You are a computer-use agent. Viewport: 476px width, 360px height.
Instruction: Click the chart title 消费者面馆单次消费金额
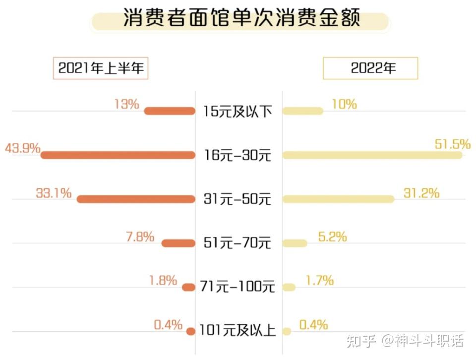[x=241, y=19]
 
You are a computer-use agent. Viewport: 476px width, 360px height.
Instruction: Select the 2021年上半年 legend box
[x=101, y=68]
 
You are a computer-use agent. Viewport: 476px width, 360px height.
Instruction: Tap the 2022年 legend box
[x=370, y=68]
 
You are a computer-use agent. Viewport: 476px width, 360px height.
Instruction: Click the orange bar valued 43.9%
[x=118, y=155]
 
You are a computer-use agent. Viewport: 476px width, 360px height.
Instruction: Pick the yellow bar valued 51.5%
[x=372, y=155]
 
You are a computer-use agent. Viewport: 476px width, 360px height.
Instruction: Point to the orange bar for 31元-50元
[x=136, y=199]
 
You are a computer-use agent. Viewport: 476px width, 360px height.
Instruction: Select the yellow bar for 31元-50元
[x=339, y=199]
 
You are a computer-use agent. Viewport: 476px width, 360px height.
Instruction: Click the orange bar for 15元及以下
[x=170, y=111]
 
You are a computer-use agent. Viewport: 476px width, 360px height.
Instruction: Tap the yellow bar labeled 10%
[x=302, y=111]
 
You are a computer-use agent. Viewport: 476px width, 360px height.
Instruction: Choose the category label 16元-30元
[x=238, y=155]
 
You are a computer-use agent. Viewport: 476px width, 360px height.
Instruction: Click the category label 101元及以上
[x=238, y=331]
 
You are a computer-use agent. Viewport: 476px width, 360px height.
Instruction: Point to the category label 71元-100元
[x=238, y=287]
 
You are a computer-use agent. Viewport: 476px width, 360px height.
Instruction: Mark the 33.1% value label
[x=54, y=193]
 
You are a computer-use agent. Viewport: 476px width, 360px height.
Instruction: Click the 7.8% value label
[x=140, y=237]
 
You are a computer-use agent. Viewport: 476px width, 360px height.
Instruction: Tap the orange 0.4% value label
[x=168, y=325]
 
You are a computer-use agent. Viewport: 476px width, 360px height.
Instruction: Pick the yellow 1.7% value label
[x=319, y=281]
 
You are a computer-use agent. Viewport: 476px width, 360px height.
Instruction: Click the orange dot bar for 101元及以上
[x=190, y=331]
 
